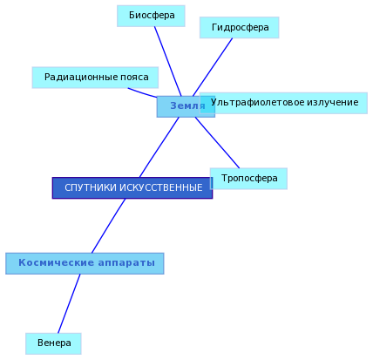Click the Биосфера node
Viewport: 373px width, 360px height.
coord(151,16)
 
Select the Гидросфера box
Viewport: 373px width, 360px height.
coord(240,28)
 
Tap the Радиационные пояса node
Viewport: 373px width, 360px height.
coord(95,78)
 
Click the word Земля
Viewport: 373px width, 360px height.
coord(187,105)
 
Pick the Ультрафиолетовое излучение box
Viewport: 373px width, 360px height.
coord(284,103)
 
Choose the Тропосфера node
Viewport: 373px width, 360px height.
coord(248,179)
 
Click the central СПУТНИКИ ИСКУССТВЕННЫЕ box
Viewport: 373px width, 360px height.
coord(132,188)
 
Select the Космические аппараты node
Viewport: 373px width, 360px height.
coord(85,263)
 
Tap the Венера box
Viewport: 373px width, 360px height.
coord(53,343)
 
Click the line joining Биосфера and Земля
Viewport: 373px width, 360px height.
coord(168,61)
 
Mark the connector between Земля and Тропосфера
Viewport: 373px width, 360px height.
coord(217,143)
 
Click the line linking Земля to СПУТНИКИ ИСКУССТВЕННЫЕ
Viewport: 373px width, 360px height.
coord(159,147)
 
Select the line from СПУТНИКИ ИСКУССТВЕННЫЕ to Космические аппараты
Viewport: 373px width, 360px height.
coord(109,226)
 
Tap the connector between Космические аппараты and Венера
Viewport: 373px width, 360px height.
coord(69,303)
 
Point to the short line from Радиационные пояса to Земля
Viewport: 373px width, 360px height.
coord(142,92)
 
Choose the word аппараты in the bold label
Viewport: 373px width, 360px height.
coord(126,263)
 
